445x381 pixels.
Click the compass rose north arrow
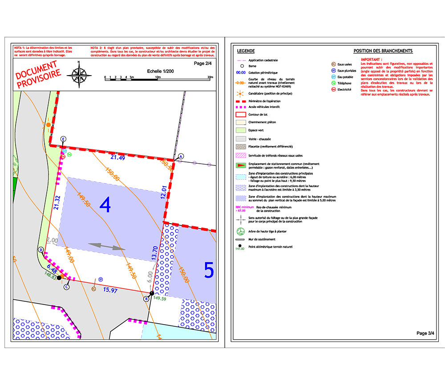point(79,73)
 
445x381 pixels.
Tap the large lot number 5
point(209,270)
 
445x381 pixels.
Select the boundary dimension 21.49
point(117,158)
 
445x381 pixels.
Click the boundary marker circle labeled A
point(181,156)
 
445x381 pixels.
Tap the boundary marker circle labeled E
point(63,139)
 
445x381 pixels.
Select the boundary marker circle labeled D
point(41,250)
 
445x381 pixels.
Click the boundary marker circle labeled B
point(146,299)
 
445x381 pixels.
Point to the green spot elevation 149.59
point(159,299)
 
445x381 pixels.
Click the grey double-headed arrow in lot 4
point(106,246)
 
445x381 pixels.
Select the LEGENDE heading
point(246,51)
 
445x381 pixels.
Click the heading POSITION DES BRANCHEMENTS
point(383,51)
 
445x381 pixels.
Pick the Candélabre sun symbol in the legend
point(241,94)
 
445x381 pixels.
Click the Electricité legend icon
point(333,89)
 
